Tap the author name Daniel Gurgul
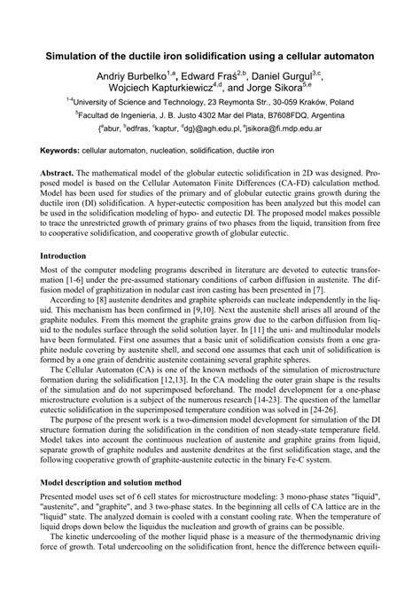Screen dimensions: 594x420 pyautogui.click(x=294, y=76)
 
